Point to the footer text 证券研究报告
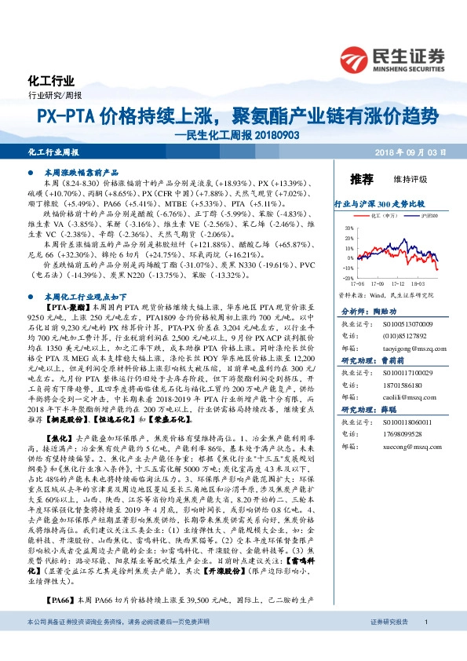click(391, 644)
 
